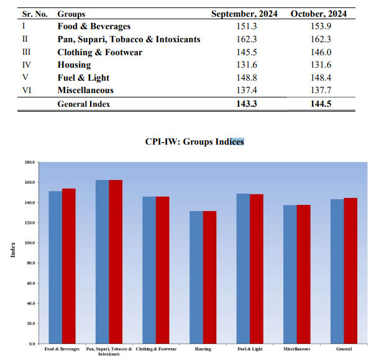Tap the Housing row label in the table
point(74,65)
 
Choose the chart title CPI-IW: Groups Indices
point(194,142)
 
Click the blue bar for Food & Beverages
point(55,267)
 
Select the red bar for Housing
point(209,277)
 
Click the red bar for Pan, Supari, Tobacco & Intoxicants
point(116,261)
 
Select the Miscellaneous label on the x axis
point(296,349)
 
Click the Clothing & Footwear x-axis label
point(155,349)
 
